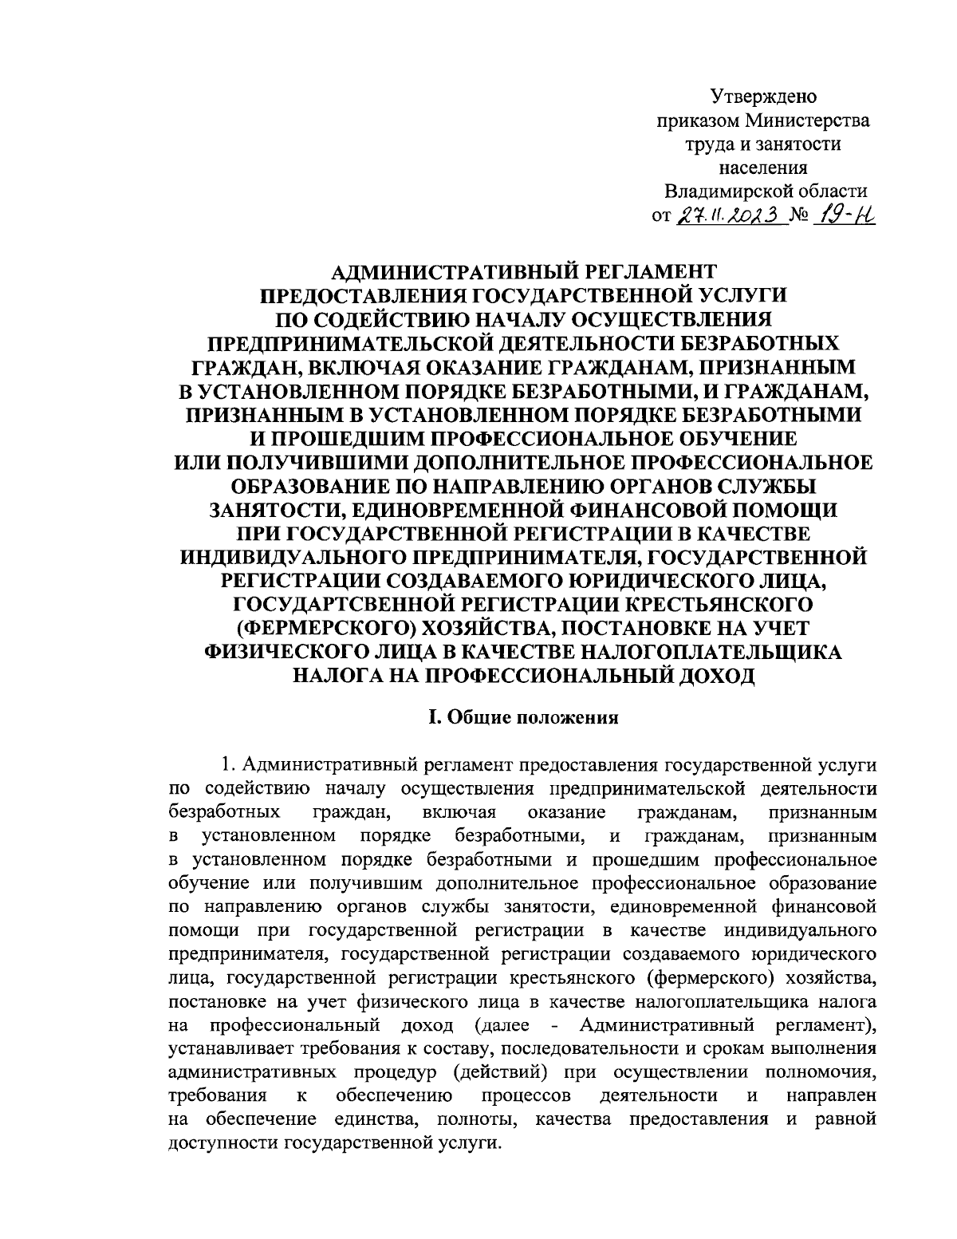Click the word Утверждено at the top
coord(763,97)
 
